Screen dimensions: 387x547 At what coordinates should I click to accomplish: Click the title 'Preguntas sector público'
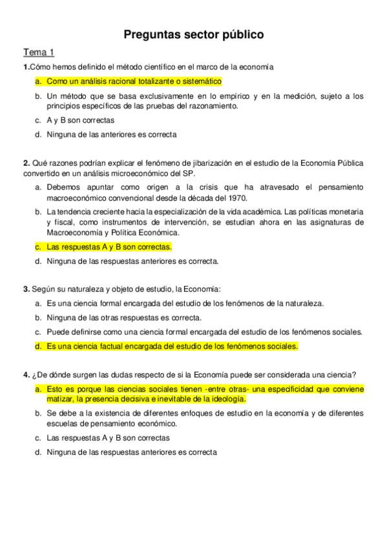[x=193, y=35]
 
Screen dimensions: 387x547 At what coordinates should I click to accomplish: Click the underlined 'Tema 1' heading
[x=39, y=52]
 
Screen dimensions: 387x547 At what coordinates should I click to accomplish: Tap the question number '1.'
[x=26, y=66]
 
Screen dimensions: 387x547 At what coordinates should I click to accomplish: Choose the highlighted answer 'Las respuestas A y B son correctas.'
[x=109, y=246]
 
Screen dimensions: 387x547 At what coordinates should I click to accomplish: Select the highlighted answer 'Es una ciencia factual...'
[x=172, y=346]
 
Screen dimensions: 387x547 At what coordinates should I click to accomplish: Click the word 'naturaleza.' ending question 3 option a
[x=304, y=303]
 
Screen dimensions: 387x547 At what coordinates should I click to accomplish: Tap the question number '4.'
[x=26, y=375]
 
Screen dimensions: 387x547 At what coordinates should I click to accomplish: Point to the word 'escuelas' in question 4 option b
[x=62, y=424]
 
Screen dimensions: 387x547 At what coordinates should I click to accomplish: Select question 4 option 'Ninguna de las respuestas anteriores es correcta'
[x=132, y=452]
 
